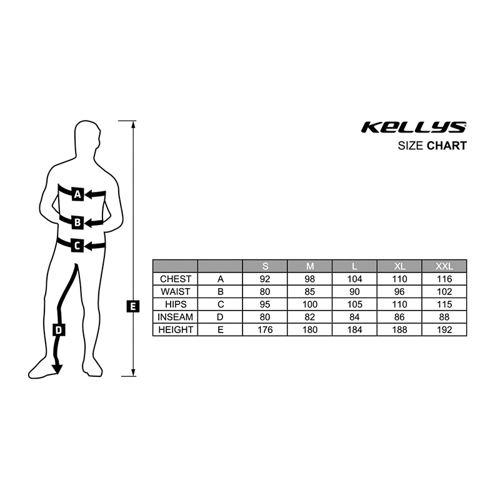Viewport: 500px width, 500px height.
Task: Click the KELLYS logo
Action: point(413,127)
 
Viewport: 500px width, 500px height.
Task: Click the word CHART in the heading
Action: point(447,146)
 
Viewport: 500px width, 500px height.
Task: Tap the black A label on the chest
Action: point(77,194)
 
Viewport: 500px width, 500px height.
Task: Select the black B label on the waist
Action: point(77,221)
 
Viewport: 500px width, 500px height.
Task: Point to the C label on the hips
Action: point(76,246)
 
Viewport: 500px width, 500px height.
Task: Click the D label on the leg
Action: point(59,330)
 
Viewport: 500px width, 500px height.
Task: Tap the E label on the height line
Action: point(132,306)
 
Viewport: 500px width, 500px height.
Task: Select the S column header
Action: point(265,266)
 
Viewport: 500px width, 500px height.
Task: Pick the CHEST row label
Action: point(176,279)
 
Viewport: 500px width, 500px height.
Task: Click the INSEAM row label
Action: point(176,317)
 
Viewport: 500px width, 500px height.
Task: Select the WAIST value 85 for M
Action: point(309,291)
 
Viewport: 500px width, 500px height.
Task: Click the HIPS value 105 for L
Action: point(354,304)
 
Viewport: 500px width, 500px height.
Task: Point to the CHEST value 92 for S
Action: point(265,279)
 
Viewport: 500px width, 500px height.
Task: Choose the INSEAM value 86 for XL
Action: point(399,317)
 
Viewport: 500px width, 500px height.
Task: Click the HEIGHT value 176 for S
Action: point(265,329)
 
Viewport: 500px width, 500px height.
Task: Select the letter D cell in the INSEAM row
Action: point(220,317)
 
